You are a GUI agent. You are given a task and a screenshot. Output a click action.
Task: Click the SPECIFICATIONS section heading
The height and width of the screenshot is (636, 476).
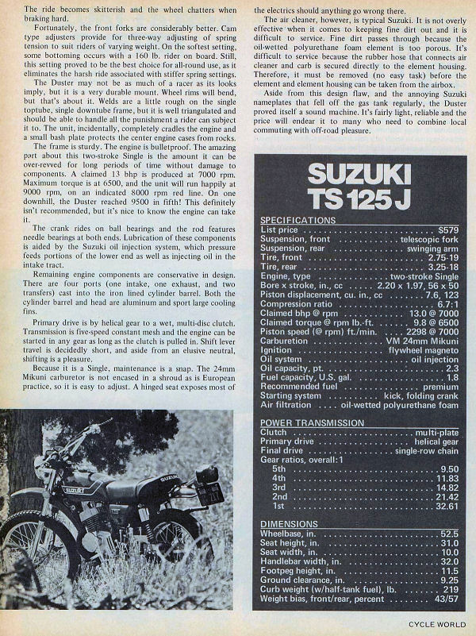(x=298, y=220)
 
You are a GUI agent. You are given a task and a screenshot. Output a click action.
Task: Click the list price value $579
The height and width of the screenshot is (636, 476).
(x=449, y=229)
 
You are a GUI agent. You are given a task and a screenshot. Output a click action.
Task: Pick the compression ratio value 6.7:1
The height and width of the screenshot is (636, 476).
(x=448, y=303)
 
